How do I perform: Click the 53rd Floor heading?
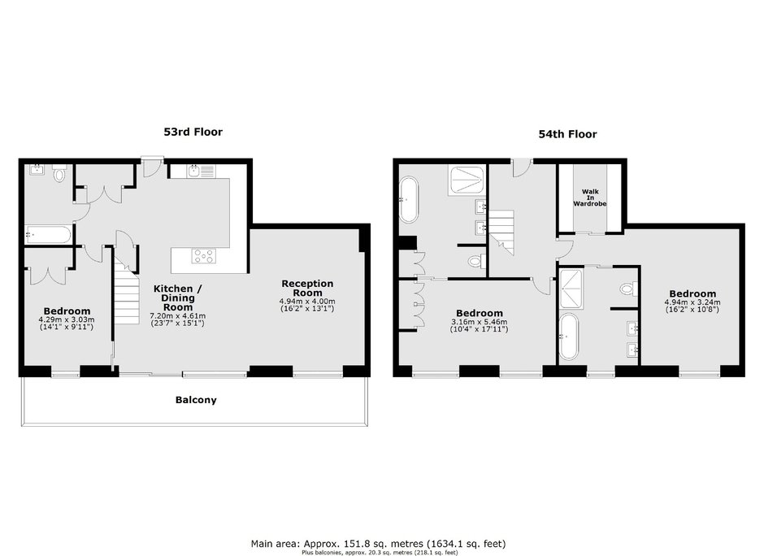[x=193, y=132]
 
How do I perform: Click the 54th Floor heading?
[x=567, y=134]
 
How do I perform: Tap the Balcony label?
[x=196, y=400]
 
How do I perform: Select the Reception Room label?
[x=307, y=288]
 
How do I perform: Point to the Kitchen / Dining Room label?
[x=178, y=298]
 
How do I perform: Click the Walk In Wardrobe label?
[x=589, y=198]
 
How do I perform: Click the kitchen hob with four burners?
[x=204, y=256]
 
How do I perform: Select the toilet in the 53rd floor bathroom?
[x=59, y=173]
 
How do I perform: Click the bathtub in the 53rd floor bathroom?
[x=48, y=234]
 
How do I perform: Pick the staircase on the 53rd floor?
[x=127, y=295]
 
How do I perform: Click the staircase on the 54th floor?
[x=501, y=232]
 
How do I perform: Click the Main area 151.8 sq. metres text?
[x=379, y=543]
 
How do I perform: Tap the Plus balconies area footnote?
[x=380, y=553]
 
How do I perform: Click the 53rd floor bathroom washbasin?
[x=37, y=170]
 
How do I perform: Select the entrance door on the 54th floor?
[x=521, y=167]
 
